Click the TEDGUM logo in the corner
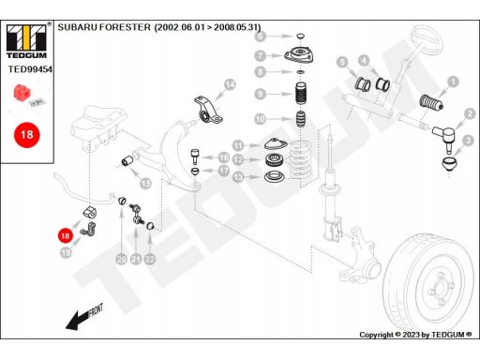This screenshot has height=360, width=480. (x=26, y=41)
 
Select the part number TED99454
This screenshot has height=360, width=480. (x=30, y=69)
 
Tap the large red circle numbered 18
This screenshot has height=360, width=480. (x=27, y=135)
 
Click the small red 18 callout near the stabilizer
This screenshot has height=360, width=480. (x=65, y=235)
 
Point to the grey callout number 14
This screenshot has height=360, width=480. (x=230, y=84)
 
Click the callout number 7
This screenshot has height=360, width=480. (x=260, y=56)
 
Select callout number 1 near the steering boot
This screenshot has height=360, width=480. (x=453, y=82)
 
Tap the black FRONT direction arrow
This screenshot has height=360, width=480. (x=83, y=317)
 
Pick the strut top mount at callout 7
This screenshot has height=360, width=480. (x=299, y=54)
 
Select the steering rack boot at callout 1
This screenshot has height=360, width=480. (x=431, y=102)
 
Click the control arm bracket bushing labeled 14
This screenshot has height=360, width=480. (x=208, y=110)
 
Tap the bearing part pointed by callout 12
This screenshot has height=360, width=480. (x=275, y=159)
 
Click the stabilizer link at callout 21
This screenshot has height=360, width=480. (x=136, y=214)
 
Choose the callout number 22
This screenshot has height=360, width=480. (x=150, y=259)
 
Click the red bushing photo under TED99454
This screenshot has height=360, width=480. (x=22, y=93)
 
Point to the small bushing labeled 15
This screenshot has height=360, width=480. (x=127, y=161)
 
